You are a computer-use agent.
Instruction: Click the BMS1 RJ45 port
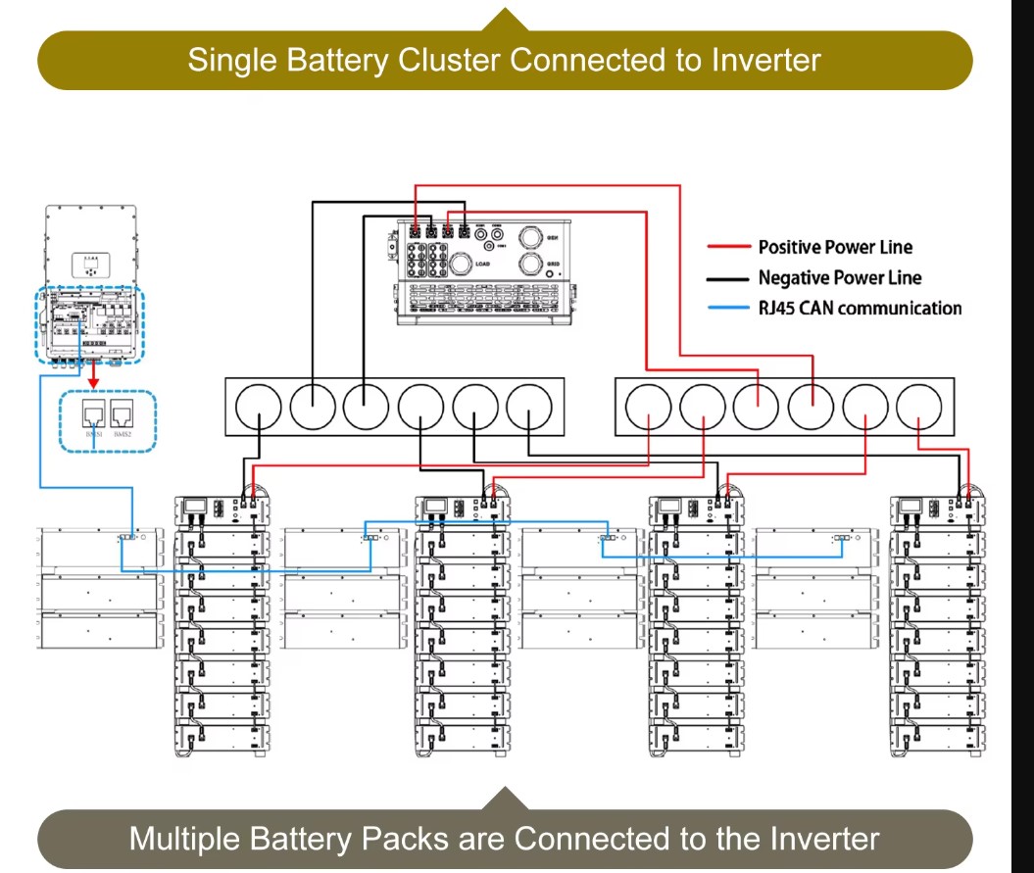94,416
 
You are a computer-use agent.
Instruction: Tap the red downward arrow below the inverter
93,377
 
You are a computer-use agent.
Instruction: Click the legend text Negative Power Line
840,278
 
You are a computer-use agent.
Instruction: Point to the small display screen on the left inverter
90,263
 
